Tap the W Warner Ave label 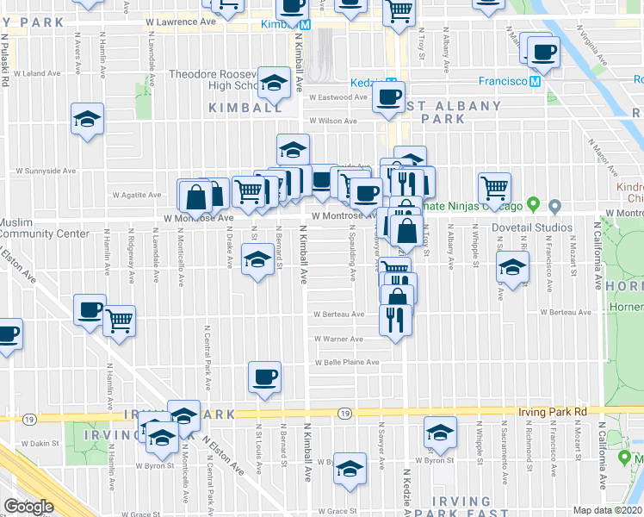click(x=337, y=339)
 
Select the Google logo click(x=28, y=506)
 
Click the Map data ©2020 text click(x=608, y=510)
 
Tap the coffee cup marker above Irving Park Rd click(x=264, y=377)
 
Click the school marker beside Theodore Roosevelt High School click(x=275, y=83)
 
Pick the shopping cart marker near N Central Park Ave click(x=119, y=321)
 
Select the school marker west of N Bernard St click(x=256, y=259)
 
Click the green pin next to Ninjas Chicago click(x=533, y=205)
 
